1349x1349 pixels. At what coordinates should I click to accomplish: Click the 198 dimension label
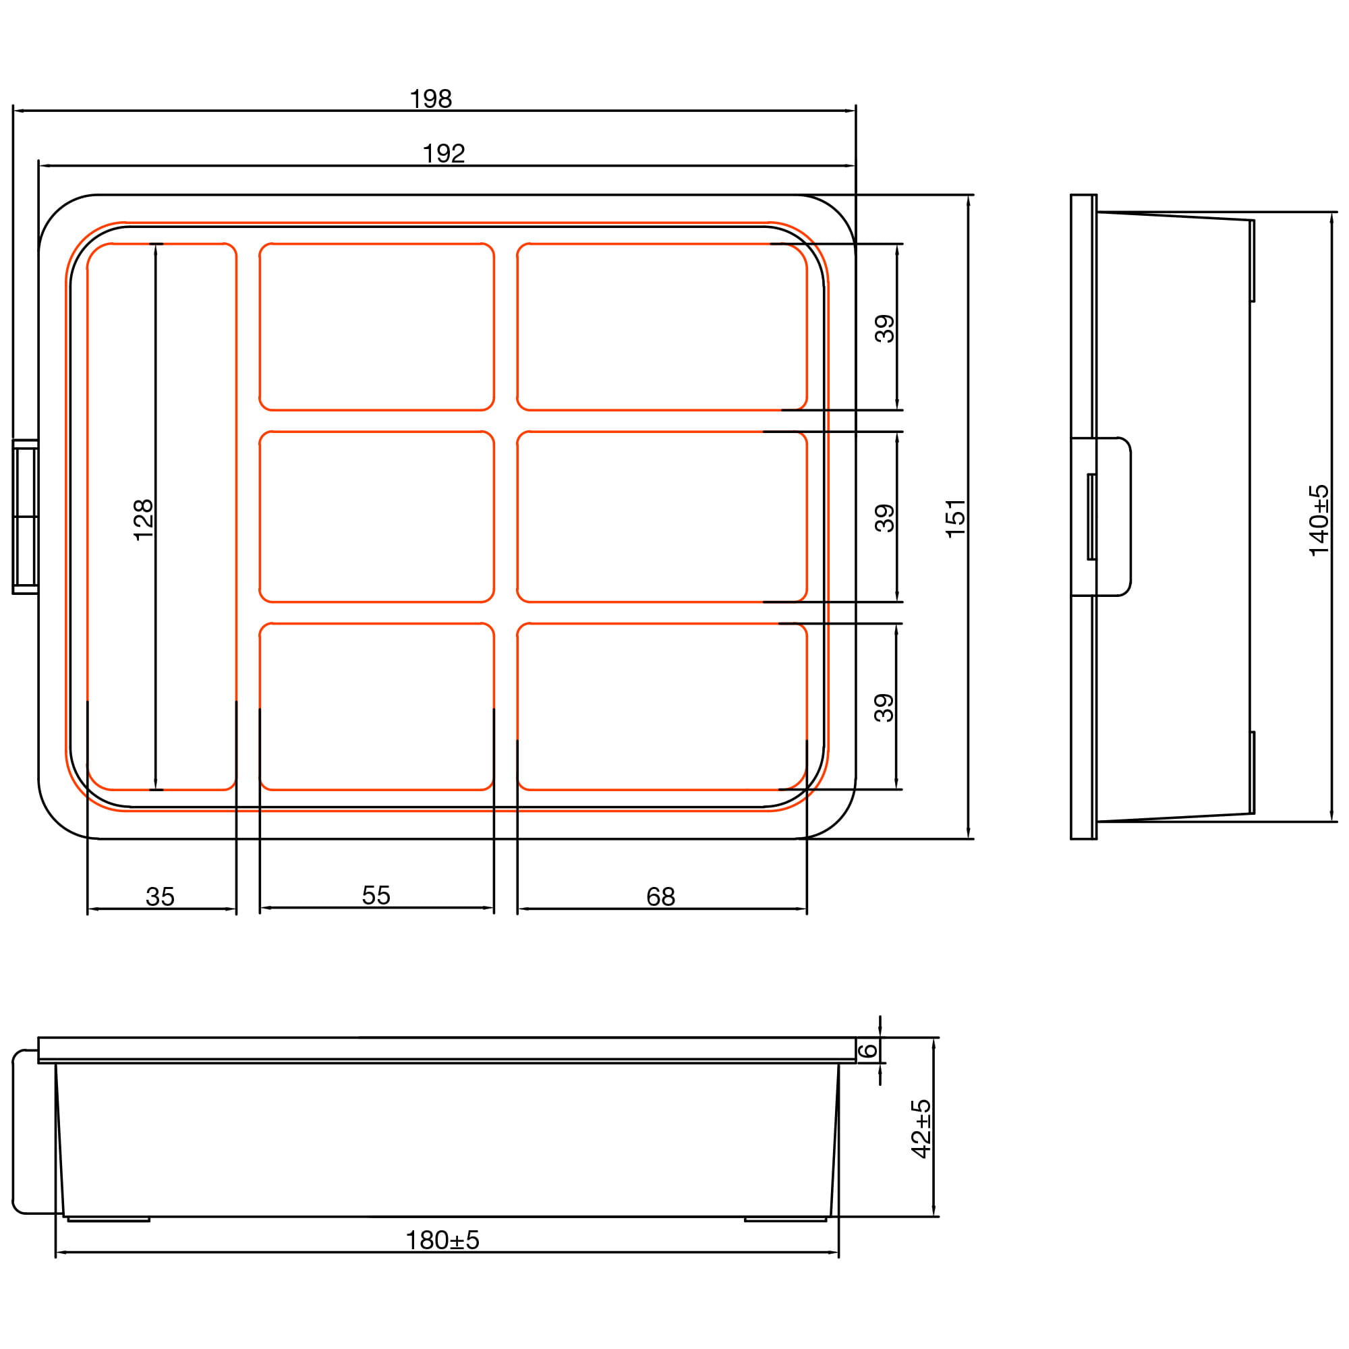point(431,99)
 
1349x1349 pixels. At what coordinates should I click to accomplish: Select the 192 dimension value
point(444,154)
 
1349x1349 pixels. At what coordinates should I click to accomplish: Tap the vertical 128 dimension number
point(143,519)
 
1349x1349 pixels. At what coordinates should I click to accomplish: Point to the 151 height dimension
point(955,517)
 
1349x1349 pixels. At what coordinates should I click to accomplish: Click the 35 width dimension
point(160,896)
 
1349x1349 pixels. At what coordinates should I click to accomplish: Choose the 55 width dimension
point(376,895)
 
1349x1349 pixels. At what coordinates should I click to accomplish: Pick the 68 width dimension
point(660,896)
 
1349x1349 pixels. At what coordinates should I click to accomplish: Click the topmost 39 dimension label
point(885,328)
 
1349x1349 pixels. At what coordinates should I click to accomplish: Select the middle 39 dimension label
point(885,518)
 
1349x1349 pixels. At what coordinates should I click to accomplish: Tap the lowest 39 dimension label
point(885,708)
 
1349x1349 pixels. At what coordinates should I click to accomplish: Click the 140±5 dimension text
point(1319,520)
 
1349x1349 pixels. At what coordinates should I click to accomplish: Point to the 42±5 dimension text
point(921,1129)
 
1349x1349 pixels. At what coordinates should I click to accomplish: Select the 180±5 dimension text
point(442,1240)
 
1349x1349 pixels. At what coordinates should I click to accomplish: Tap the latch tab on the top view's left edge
point(25,517)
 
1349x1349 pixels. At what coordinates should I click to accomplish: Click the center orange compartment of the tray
point(376,517)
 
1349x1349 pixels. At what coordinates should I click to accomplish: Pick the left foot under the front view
point(108,1219)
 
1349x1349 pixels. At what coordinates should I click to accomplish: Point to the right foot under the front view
point(785,1219)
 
